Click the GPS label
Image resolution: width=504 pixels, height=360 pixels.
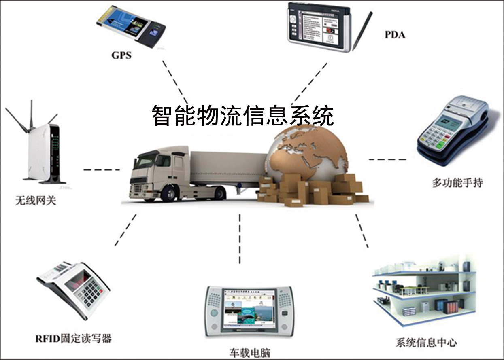[x=121, y=55]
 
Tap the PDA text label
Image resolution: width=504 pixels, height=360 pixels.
[x=395, y=34]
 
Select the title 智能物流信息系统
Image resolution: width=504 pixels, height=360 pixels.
[x=243, y=116]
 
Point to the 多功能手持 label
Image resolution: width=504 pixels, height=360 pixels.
[x=457, y=183]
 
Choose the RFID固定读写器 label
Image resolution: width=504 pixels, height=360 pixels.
[x=73, y=338]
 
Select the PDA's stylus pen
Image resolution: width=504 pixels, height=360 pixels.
[x=362, y=30]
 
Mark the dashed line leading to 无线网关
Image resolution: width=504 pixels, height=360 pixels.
[x=101, y=170]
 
